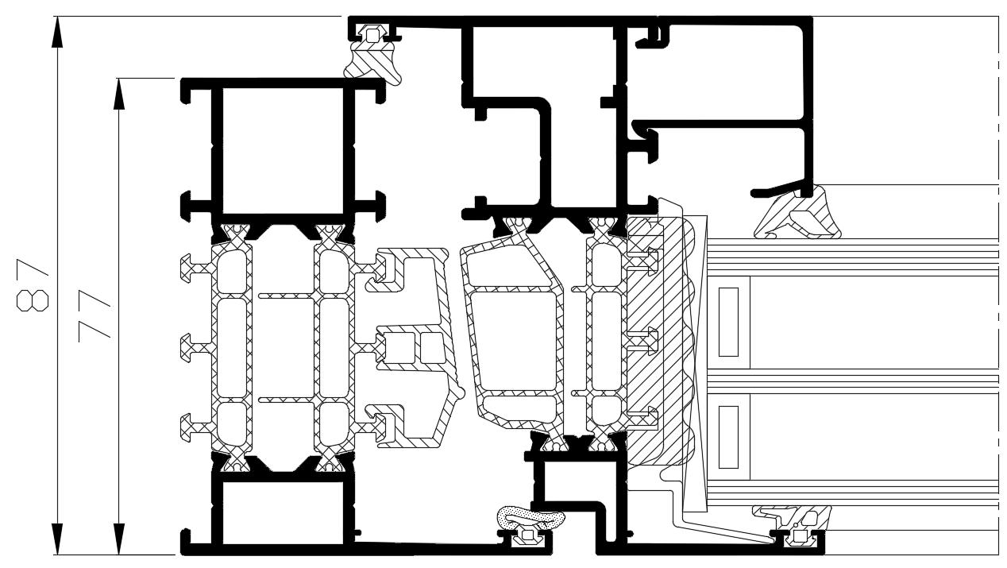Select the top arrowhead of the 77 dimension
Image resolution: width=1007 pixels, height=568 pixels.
point(119,94)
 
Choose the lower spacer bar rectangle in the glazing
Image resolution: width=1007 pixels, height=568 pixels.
point(728,436)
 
